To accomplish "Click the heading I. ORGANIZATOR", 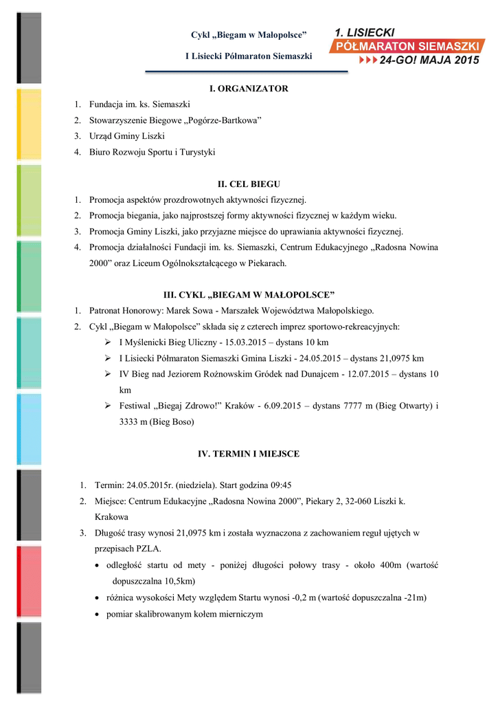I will tap(249, 89).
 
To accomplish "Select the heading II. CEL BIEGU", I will tap(249, 184).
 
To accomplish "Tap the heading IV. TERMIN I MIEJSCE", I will tap(249, 454).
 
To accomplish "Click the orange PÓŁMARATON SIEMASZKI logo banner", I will tap(411, 46).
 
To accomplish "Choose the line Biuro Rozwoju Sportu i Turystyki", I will tap(152, 152).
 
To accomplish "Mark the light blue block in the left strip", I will tap(28, 429).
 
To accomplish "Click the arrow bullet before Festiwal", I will tap(108, 406).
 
